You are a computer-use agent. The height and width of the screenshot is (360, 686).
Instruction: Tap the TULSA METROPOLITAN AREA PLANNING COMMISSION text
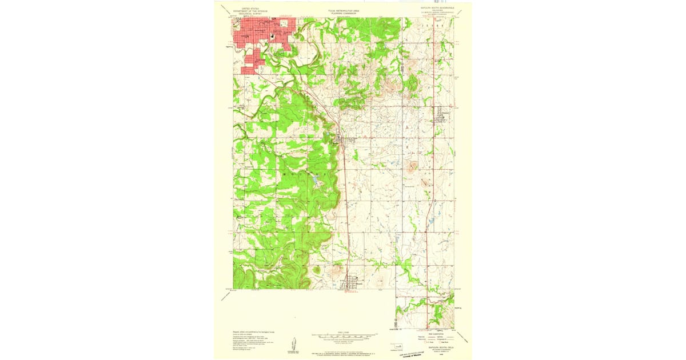(343, 11)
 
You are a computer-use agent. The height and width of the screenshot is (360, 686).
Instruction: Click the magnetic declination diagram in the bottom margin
(293, 344)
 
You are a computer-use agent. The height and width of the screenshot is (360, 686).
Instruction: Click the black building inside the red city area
(272, 37)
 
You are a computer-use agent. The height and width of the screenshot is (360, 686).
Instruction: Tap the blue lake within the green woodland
(315, 182)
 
